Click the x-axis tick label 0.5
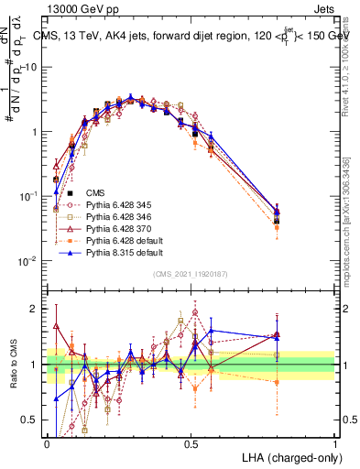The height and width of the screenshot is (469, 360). [x=191, y=442]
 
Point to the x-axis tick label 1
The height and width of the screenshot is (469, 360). [x=333, y=442]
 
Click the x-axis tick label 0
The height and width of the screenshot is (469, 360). [x=47, y=442]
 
